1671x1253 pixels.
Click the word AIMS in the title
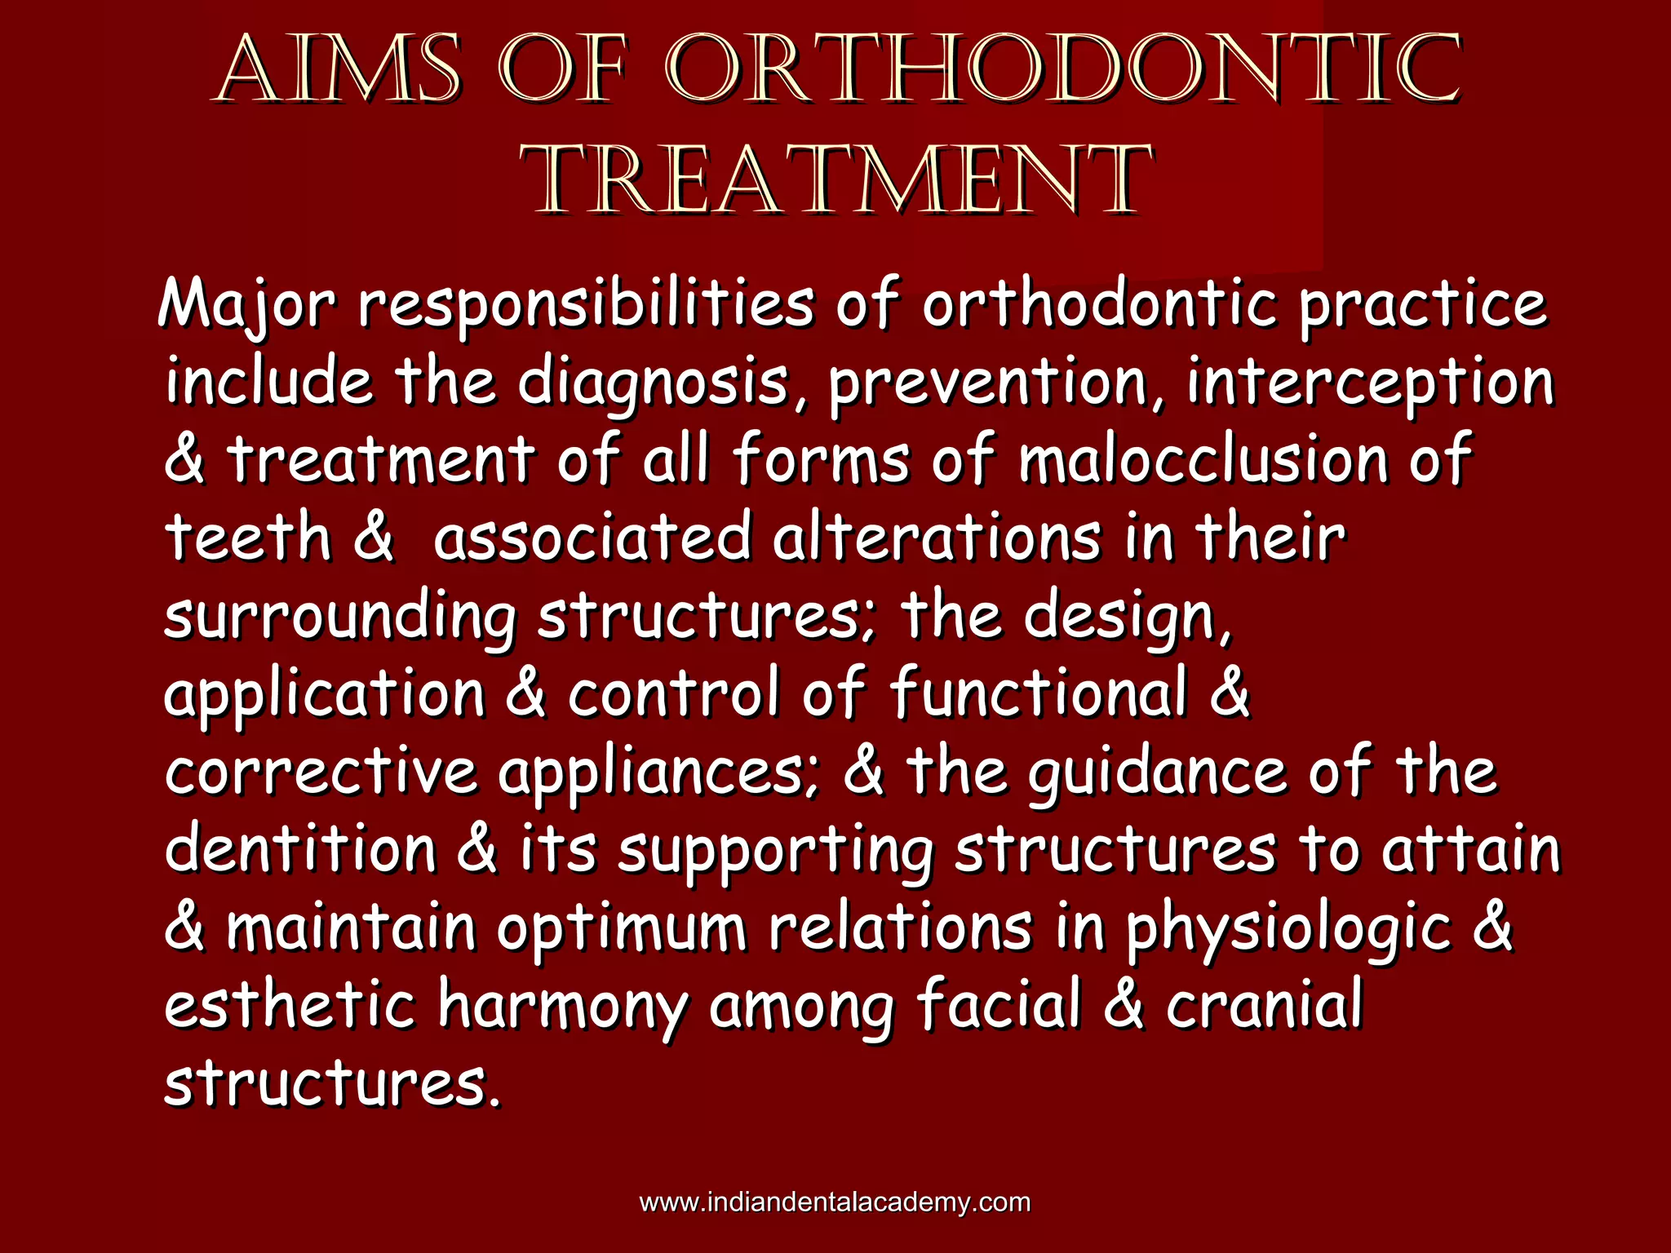[x=339, y=71]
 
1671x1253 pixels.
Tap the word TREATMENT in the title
[x=838, y=181]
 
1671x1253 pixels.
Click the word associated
[x=592, y=538]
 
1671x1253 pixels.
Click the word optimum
[x=622, y=928]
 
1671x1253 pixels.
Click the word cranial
[x=1264, y=1005]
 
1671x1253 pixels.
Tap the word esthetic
[x=290, y=1005]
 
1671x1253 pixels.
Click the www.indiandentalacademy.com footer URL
[x=835, y=1202]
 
